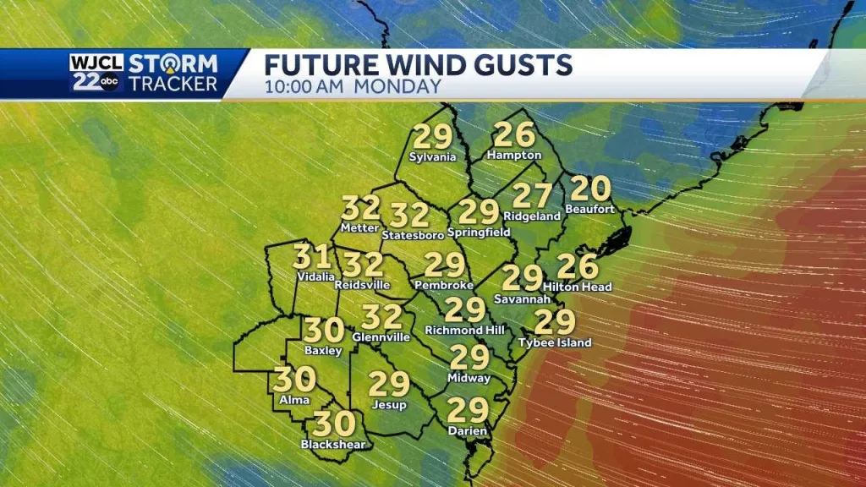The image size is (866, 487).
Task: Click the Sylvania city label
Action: [432, 157]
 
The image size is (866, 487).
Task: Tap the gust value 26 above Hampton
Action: [513, 134]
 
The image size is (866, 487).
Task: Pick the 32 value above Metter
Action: [360, 208]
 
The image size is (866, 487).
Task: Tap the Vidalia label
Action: [315, 276]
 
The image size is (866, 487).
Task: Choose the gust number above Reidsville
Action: [364, 265]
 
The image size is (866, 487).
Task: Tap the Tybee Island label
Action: [556, 342]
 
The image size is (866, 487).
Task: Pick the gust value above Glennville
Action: [381, 317]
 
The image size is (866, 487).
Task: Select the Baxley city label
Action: [323, 350]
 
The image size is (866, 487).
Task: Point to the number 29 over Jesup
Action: [389, 385]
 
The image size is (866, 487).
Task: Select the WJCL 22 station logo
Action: [98, 73]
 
